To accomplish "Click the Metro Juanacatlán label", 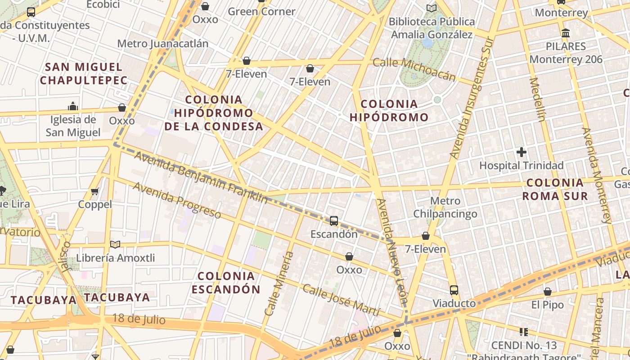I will click(163, 44).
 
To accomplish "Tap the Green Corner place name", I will click(261, 12).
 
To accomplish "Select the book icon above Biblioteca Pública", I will click(432, 8).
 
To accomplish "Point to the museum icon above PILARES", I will click(566, 33).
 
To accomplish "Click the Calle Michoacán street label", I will click(414, 69).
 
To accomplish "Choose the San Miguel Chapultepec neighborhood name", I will click(84, 74).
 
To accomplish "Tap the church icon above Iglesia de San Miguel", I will click(73, 106).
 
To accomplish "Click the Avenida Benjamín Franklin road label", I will click(200, 177).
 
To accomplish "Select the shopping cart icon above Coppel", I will click(95, 192).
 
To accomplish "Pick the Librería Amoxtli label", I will click(116, 258).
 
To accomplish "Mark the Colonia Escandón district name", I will click(226, 282).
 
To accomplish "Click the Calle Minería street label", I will click(279, 283).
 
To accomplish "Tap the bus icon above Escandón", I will click(334, 220).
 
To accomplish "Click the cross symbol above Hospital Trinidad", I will click(522, 152).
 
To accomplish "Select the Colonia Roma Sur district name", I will click(555, 189).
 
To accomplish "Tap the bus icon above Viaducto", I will click(454, 290).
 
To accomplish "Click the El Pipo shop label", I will click(547, 305).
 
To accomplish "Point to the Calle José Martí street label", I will click(341, 300).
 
